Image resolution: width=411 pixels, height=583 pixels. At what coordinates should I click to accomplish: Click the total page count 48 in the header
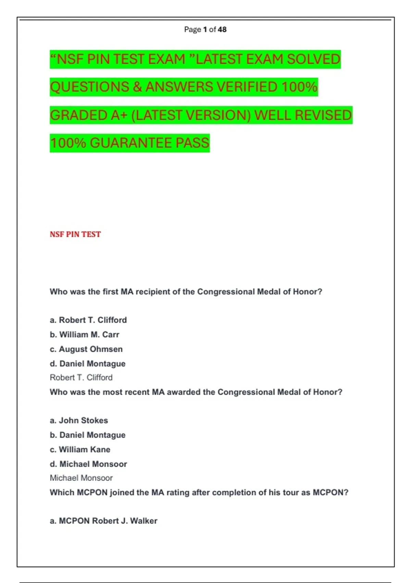click(222, 29)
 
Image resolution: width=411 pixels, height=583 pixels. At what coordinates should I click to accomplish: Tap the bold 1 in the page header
click(205, 29)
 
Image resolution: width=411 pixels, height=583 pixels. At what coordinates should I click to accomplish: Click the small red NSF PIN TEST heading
click(75, 234)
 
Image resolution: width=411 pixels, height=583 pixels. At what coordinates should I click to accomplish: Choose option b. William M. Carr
click(85, 335)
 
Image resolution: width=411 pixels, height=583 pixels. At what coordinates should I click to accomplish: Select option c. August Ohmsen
click(86, 349)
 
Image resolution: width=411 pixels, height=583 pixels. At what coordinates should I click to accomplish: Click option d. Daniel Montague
click(88, 364)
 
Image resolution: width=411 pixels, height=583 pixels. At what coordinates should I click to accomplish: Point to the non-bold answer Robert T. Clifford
click(81, 378)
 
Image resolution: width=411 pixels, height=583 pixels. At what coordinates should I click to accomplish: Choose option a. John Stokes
click(79, 420)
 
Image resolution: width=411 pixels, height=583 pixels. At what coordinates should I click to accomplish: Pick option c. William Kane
click(80, 450)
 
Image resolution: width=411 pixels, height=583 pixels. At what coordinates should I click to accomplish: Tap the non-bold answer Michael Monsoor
click(81, 478)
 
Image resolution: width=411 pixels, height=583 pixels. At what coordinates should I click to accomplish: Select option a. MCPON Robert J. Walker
click(103, 521)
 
